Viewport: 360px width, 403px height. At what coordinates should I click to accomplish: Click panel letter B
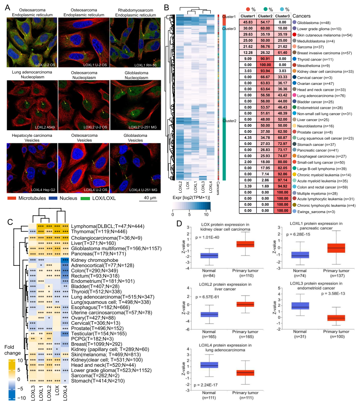[x=166, y=7]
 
